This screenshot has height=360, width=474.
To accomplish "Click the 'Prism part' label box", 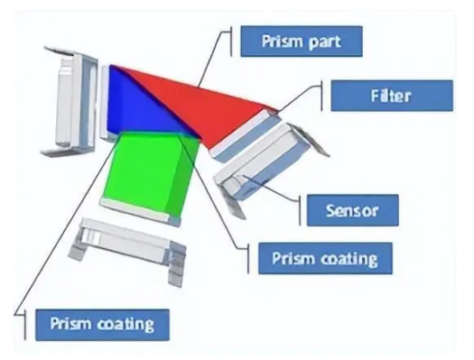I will tap(302, 41).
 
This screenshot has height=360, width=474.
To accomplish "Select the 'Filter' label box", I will tap(391, 95).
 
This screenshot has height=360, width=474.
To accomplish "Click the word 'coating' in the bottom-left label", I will tap(124, 322).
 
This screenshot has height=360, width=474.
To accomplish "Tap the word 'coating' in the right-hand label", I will tap(349, 258).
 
